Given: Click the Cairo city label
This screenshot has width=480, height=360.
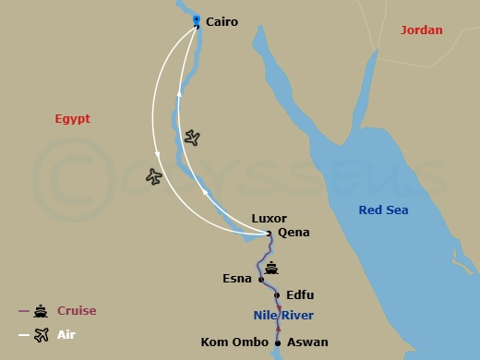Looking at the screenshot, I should tap(222, 21).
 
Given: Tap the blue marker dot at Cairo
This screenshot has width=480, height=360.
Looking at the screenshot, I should tap(196, 18).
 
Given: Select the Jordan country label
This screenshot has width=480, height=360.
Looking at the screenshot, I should tap(421, 30).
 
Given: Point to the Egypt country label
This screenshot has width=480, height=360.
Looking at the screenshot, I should tap(73, 119).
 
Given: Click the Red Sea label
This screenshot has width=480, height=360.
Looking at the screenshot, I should tap(383, 210).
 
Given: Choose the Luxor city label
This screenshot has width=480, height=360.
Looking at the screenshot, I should tap(270, 219).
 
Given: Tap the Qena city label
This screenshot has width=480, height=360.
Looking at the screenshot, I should tap(294, 233).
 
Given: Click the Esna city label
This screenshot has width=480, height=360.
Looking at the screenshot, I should tap(237, 278).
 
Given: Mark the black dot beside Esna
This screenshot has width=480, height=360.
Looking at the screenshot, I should tap(261, 279).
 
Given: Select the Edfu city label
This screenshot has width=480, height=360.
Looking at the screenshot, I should tap(300, 295).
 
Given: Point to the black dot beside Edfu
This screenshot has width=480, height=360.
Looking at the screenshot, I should tap(278, 295).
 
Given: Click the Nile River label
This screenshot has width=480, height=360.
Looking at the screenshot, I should tap(283, 316).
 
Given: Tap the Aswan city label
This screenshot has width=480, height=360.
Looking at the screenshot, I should tap(308, 342).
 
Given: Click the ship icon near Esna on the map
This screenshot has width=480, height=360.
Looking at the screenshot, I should tap(271, 269).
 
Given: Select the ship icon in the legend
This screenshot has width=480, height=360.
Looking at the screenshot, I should tap(41, 311).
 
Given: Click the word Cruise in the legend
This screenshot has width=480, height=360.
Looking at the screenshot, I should tap(77, 311).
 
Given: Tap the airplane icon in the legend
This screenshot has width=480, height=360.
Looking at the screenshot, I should tap(41, 335).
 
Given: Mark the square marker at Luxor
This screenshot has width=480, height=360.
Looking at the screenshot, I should tap(269, 233).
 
